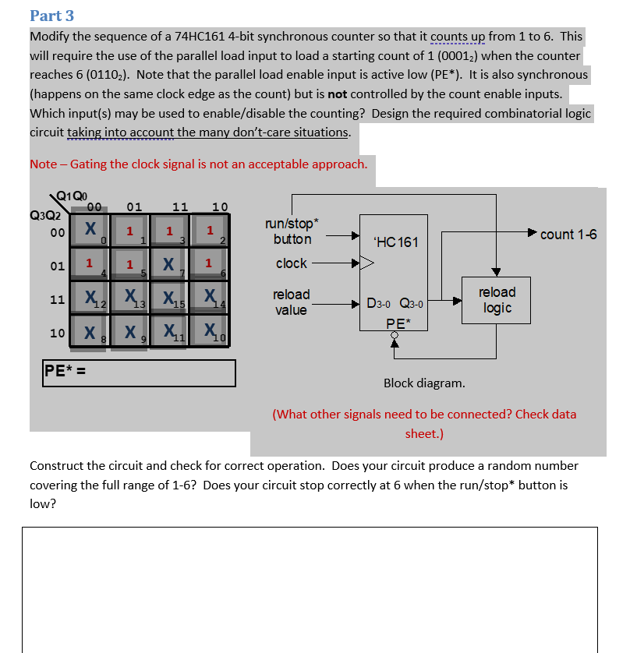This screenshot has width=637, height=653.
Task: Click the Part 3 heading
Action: pyautogui.click(x=51, y=16)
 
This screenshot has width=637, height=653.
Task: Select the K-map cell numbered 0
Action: pyautogui.click(x=90, y=231)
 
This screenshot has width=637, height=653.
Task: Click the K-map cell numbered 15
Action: pyautogui.click(x=168, y=298)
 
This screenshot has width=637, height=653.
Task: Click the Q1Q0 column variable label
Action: pyautogui.click(x=73, y=195)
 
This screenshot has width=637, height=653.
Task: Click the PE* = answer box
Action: pyautogui.click(x=139, y=372)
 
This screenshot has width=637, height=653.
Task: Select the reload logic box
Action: pyautogui.click(x=497, y=300)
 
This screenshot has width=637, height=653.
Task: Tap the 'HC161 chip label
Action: pyautogui.click(x=395, y=242)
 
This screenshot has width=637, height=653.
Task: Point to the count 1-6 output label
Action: pyautogui.click(x=568, y=235)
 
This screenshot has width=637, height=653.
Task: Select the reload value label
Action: pyautogui.click(x=291, y=302)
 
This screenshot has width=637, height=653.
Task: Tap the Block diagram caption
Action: pyautogui.click(x=424, y=383)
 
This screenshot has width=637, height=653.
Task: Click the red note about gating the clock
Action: pyautogui.click(x=198, y=164)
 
